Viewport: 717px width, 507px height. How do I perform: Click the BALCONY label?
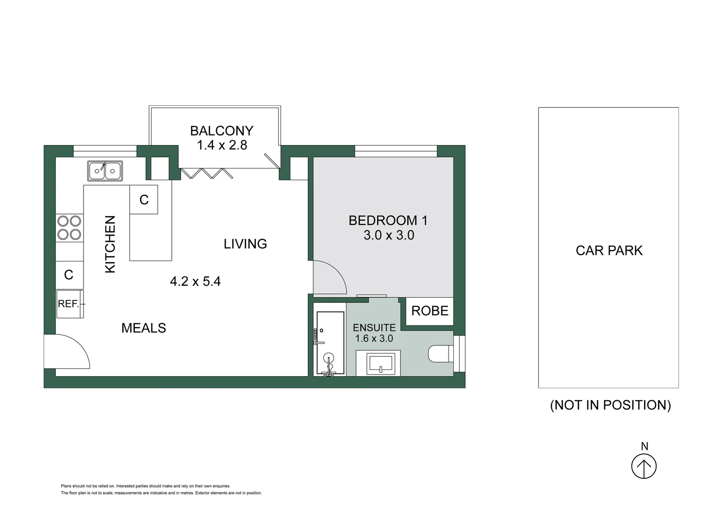(x=221, y=131)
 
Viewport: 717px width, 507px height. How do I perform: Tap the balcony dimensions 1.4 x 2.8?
(x=222, y=145)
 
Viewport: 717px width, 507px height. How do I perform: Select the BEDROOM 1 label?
(x=388, y=220)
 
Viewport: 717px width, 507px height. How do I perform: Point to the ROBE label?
(x=430, y=311)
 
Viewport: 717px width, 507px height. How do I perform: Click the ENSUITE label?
(x=374, y=328)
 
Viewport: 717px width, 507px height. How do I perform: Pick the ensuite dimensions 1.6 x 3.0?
(x=374, y=338)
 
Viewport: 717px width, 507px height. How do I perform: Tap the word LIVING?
(x=245, y=244)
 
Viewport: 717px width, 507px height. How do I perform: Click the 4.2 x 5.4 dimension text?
(x=195, y=281)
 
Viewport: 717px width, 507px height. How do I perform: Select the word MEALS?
(x=144, y=328)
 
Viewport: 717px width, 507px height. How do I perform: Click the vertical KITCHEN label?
(x=110, y=244)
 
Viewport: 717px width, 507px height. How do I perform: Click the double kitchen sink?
(x=105, y=171)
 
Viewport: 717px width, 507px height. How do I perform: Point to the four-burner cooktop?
(x=69, y=228)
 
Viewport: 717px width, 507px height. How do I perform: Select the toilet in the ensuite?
(x=440, y=354)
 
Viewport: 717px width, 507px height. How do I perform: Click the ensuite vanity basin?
(x=381, y=363)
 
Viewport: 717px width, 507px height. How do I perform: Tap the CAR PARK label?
(x=609, y=251)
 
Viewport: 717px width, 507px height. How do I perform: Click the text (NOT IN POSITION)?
(x=610, y=405)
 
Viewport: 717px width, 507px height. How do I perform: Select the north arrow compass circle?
(x=644, y=467)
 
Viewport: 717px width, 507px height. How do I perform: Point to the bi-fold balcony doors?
(x=207, y=173)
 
